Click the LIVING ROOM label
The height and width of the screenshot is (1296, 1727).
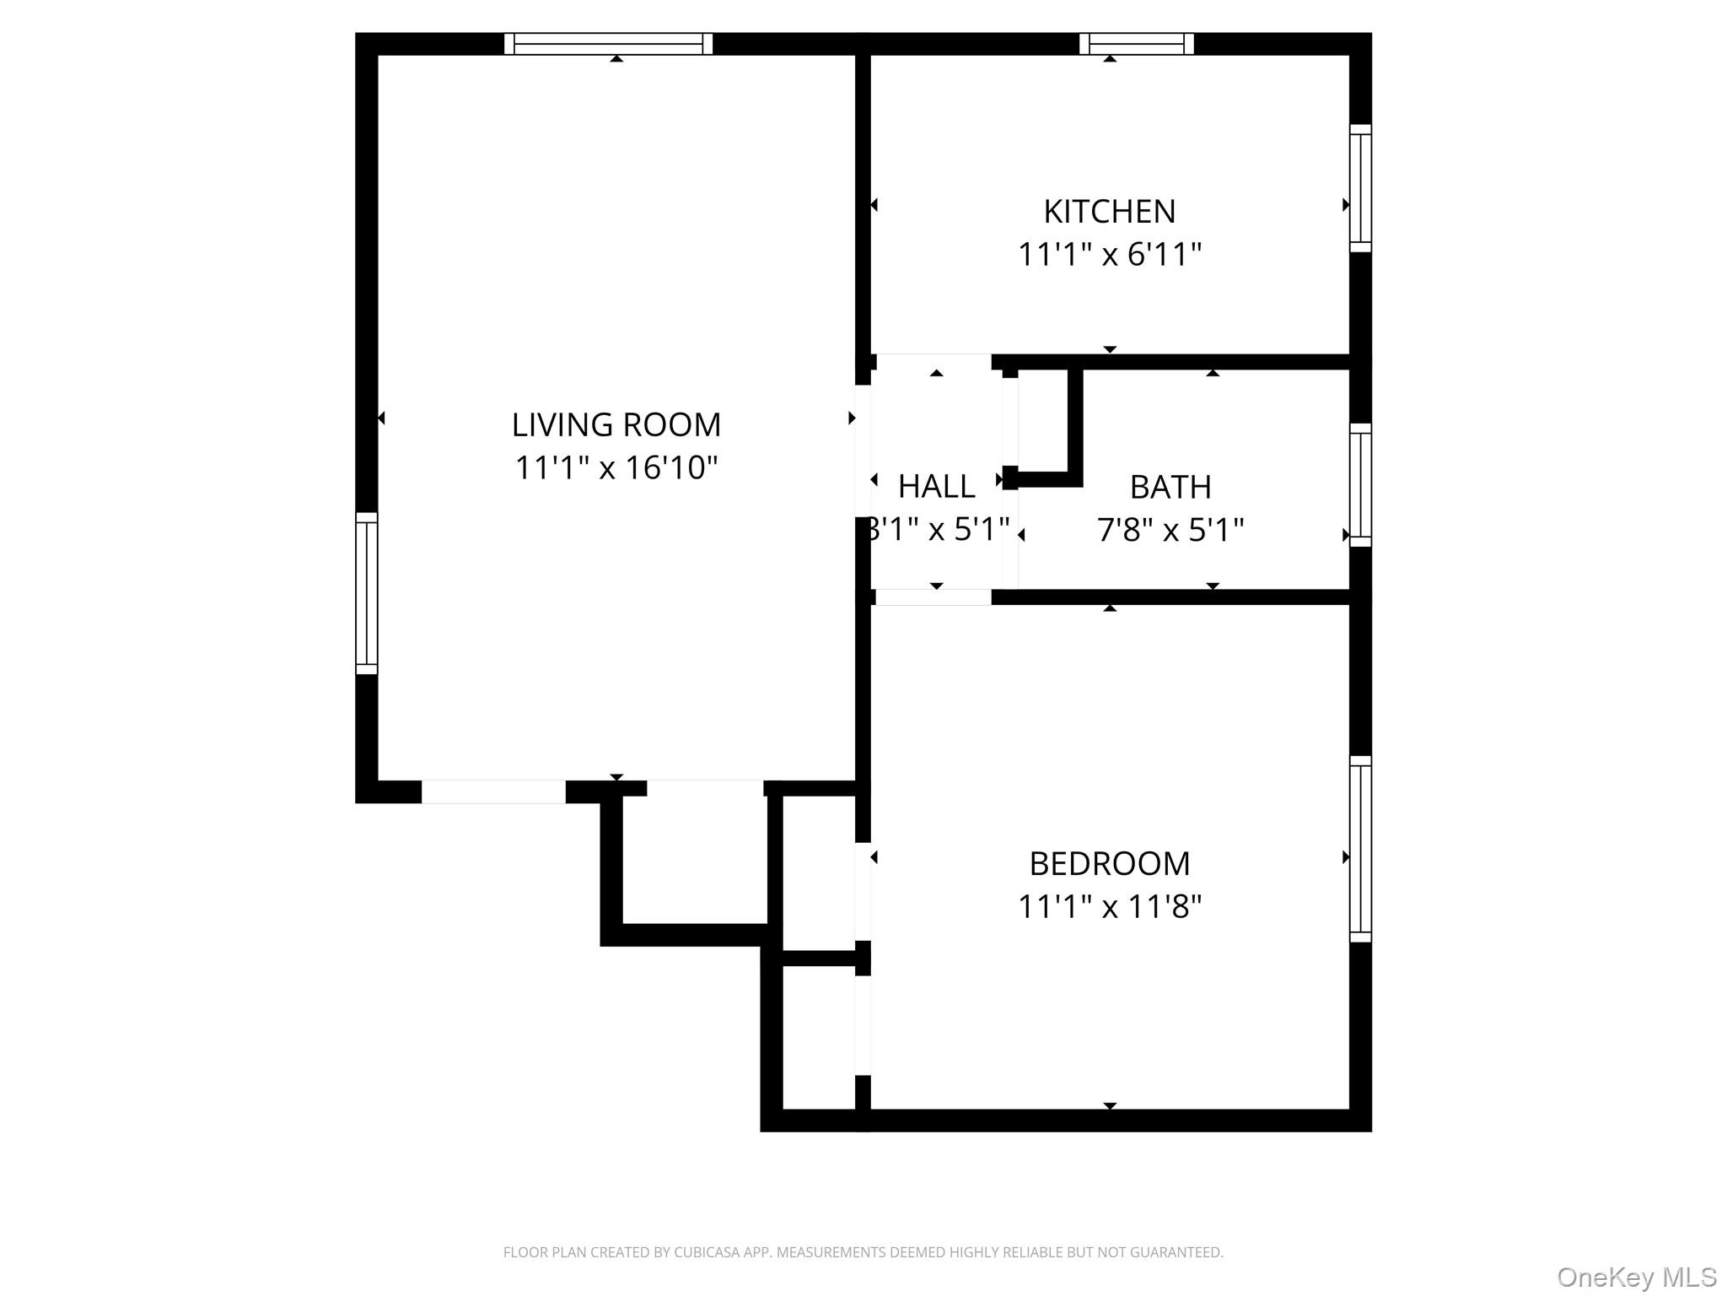click(616, 424)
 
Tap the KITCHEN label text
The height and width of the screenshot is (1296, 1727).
click(1109, 212)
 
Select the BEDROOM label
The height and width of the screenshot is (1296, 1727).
click(1109, 864)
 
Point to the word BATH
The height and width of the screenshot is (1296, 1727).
click(1170, 487)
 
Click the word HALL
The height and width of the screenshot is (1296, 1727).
click(936, 487)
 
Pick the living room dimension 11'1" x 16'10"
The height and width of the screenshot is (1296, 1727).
click(616, 467)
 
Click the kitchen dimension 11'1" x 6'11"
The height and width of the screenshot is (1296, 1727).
click(1109, 254)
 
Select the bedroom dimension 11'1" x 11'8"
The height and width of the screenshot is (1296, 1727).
click(1109, 907)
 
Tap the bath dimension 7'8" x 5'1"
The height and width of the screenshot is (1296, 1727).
click(1170, 530)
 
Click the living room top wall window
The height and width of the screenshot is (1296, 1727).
click(608, 44)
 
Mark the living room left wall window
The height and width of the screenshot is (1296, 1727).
click(367, 593)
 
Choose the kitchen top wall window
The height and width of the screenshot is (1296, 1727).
click(1136, 44)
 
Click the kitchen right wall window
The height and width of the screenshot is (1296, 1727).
click(1360, 188)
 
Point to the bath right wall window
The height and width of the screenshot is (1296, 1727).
click(1360, 485)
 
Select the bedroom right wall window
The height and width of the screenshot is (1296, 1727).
click(1360, 849)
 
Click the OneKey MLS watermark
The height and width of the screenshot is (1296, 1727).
click(1636, 1277)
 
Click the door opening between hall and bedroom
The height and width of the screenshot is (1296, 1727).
click(933, 597)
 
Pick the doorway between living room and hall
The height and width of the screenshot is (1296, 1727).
click(863, 451)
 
